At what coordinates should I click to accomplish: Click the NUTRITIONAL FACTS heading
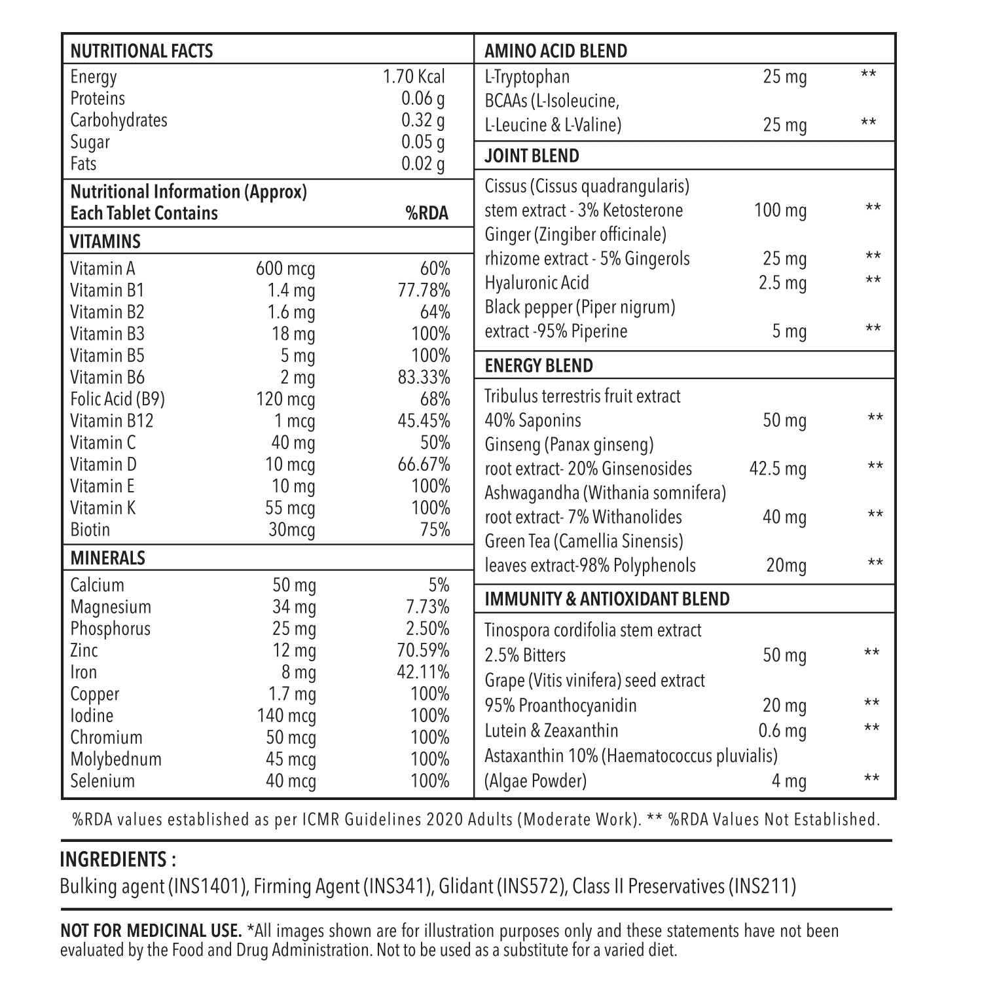141,51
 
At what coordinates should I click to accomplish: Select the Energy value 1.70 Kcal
414,77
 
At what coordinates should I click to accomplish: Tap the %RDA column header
427,213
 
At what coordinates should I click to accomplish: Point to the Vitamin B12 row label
111,420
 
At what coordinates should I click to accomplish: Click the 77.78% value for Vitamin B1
424,290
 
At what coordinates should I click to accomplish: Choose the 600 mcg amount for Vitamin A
285,268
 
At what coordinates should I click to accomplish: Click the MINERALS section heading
107,558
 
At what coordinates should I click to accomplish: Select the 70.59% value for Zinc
424,650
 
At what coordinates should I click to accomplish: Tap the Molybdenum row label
116,759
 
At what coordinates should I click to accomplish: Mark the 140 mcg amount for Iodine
287,716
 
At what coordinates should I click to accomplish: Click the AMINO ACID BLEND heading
556,51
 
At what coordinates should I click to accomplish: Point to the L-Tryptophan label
527,77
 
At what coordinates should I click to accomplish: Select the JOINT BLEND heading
532,156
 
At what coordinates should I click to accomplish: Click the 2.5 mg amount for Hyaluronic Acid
782,283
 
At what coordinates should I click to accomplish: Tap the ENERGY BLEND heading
538,365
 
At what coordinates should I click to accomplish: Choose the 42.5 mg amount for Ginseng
778,469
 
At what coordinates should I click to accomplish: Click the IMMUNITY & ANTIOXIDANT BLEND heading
607,599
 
